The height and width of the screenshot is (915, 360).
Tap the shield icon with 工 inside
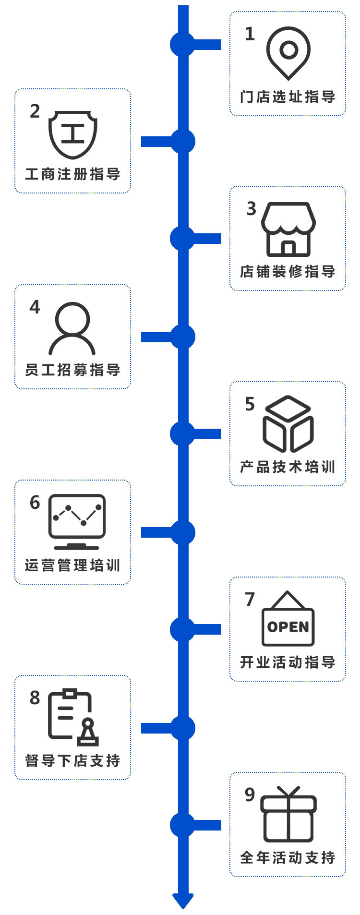73,134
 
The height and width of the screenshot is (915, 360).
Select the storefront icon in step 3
288,229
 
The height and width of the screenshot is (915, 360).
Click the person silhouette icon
72,328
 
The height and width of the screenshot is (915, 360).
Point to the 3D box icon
288,423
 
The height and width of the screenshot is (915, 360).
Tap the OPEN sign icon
288,619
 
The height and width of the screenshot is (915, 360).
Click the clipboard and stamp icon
73,717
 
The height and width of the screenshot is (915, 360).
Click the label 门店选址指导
288,97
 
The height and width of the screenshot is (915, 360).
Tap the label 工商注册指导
72,174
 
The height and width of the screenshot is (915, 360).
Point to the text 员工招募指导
72,370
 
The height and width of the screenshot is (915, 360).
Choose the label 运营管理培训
72,566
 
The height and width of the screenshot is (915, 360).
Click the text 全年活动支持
288,857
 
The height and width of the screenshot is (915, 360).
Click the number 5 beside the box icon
250,404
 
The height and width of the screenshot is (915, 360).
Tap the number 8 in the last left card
35,698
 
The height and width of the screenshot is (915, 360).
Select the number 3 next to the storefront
251,209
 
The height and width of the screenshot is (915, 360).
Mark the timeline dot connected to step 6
183,532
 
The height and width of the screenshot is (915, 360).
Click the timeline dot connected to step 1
182,45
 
